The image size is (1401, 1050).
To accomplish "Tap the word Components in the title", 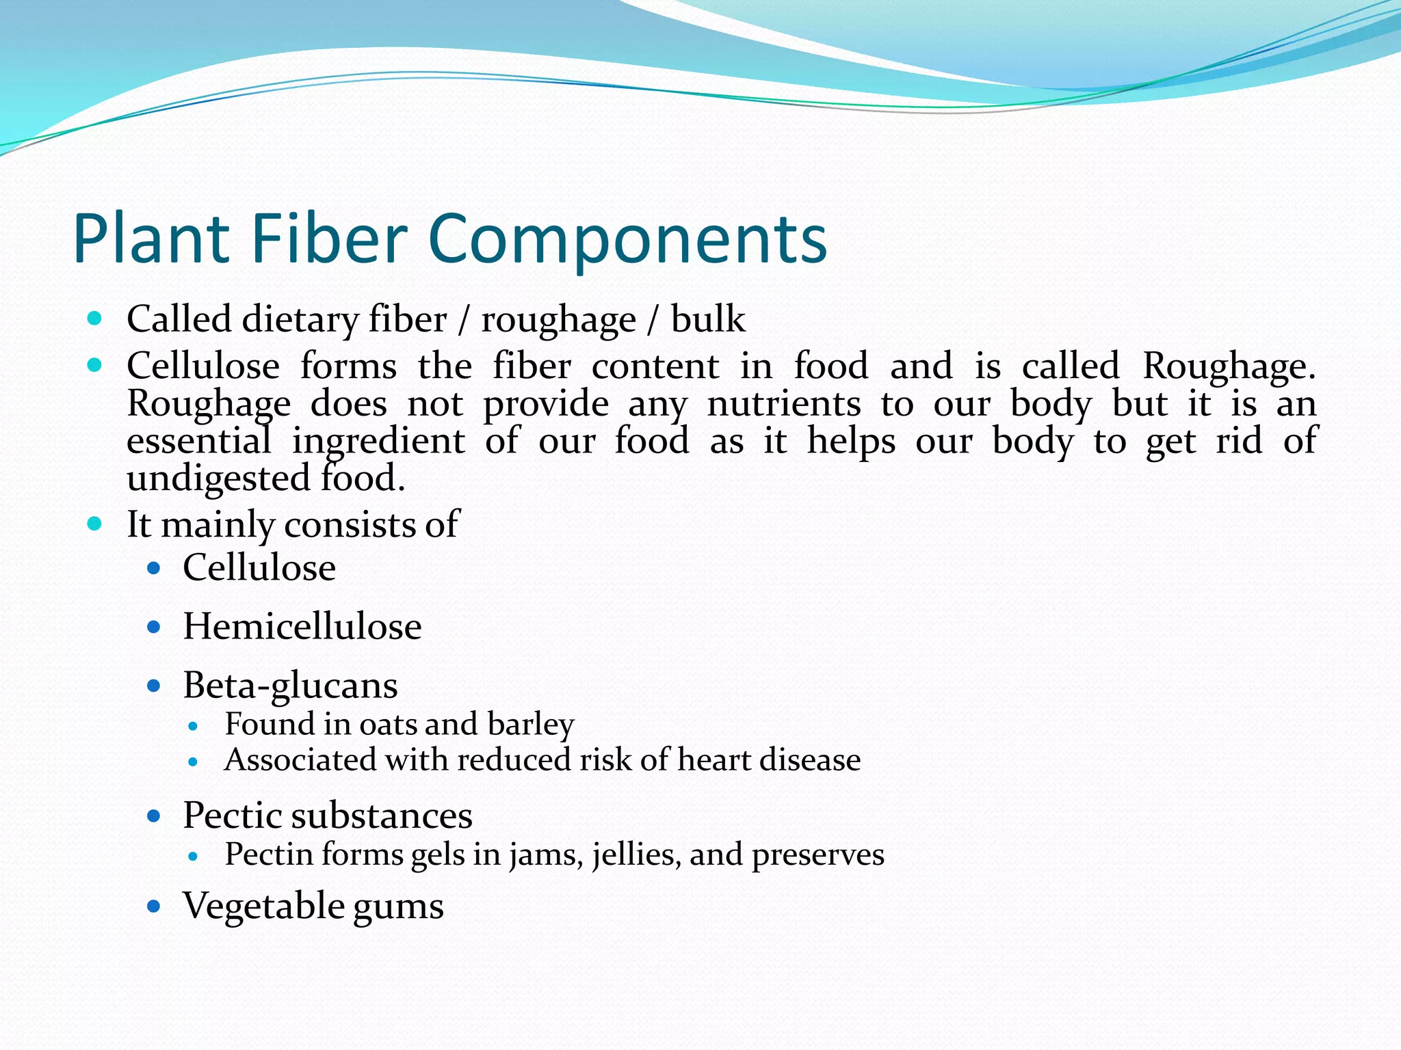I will click(627, 239).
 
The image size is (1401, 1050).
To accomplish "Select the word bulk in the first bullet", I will click(707, 319).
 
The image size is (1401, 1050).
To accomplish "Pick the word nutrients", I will click(783, 403).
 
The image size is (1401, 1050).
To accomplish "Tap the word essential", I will click(198, 440).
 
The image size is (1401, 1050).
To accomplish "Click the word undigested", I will click(218, 479).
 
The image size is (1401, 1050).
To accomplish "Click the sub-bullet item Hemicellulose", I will click(302, 626).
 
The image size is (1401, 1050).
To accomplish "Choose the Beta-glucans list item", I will click(290, 686).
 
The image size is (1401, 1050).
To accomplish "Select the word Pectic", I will click(233, 816).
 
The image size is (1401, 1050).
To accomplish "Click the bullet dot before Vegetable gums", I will click(154, 907).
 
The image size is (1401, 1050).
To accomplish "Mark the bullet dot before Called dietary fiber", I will click(95, 318).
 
